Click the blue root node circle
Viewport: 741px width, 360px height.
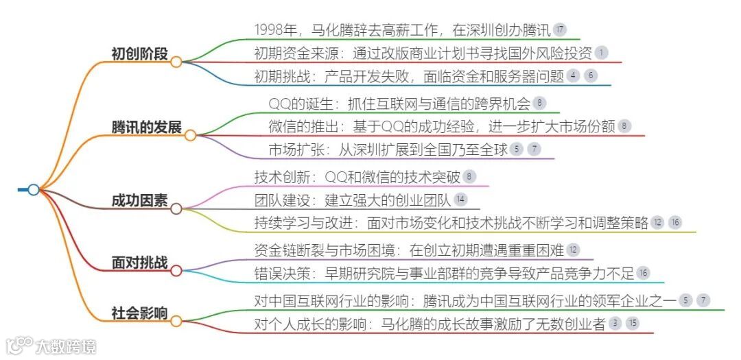34,189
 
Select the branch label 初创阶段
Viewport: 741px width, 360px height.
139,53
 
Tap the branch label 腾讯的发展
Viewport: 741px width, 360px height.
146,128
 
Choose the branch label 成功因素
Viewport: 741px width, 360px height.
139,200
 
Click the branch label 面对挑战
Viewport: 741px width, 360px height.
139,263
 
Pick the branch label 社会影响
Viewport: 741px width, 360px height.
139,313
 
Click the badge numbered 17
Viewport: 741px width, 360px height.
560,29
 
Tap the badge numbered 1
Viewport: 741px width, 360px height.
601,52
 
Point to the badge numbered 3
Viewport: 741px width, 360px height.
615,324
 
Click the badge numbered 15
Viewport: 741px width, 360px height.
632,324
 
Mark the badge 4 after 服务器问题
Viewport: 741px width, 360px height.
574,75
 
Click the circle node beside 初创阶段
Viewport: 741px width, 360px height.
176,62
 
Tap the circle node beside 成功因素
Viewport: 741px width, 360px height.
176,208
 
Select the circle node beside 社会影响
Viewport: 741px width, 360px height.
176,320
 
